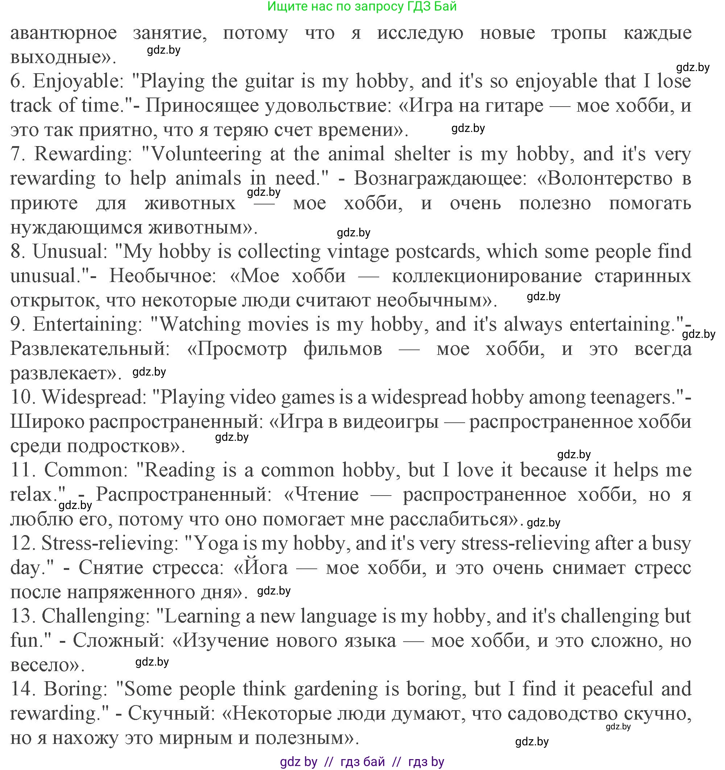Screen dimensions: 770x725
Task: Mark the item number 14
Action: coord(23,689)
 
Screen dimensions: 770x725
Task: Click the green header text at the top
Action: coord(362,7)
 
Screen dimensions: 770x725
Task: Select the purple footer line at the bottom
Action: coord(362,761)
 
